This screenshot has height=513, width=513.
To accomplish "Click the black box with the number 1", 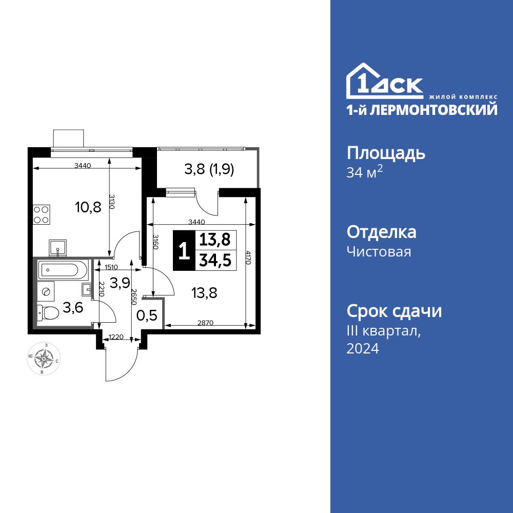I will click(x=184, y=251).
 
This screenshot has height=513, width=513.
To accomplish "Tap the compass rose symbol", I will click(x=44, y=359).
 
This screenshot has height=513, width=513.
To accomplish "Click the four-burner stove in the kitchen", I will click(x=41, y=214).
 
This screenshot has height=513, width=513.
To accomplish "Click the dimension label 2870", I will click(x=206, y=322).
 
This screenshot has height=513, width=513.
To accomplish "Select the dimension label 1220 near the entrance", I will click(x=115, y=337).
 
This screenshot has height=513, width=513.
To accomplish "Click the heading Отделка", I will click(x=381, y=232).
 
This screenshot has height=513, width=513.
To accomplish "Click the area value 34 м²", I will click(x=365, y=172).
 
